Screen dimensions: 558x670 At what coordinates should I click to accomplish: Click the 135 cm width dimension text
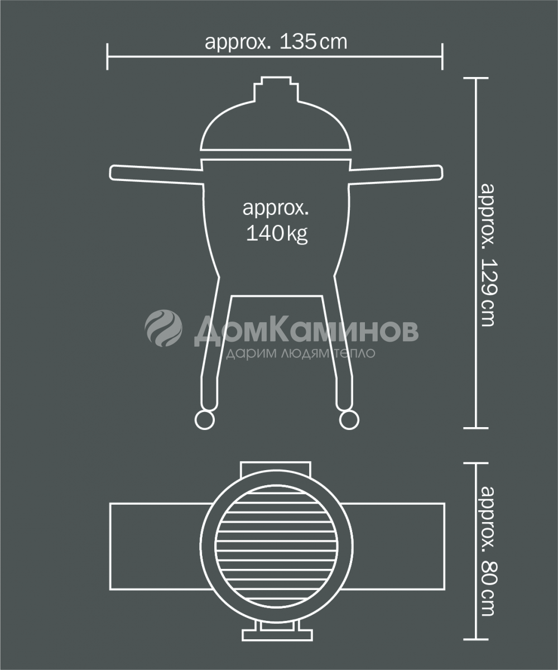click(276, 42)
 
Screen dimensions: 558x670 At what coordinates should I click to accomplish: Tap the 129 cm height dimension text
click(489, 255)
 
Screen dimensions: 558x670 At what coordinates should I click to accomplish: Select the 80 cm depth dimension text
click(489, 551)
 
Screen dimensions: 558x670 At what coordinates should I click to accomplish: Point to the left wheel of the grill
click(205, 420)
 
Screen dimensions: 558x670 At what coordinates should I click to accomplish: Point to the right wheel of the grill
click(349, 420)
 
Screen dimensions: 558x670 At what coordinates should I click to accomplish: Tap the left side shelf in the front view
click(156, 175)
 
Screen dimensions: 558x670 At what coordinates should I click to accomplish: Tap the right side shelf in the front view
click(396, 175)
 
